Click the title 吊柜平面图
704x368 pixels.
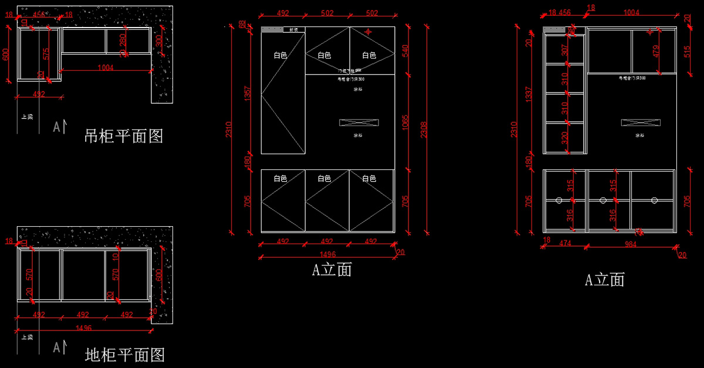coord(124,137)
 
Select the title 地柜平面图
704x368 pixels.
coord(125,355)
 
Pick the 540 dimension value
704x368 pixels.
coord(405,51)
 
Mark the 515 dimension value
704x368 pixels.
coord(687,51)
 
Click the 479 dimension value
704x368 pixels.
coord(656,51)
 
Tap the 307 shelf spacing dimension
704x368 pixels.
coord(565,50)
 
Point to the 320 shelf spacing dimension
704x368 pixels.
coord(565,138)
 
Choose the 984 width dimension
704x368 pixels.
coord(630,244)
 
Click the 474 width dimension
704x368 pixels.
coord(566,244)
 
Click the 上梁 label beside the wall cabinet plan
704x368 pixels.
coord(27,116)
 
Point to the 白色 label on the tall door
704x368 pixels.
coord(280,56)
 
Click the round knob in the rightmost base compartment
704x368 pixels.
coord(654,200)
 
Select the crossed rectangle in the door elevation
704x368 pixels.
coord(358,122)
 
